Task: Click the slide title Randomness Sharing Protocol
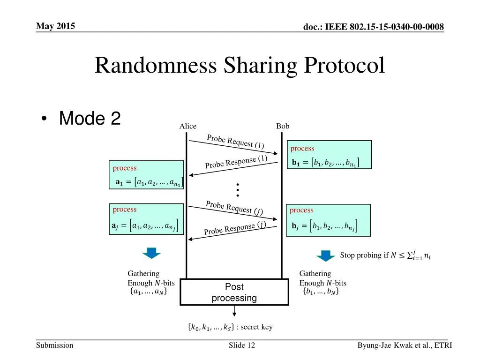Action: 240,65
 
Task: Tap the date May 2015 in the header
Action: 55,26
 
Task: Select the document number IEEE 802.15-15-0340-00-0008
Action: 374,27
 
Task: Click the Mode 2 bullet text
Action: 90,119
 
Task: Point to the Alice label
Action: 188,126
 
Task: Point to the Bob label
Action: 283,126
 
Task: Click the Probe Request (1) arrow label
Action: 235,141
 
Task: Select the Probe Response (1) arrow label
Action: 236,162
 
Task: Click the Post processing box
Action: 234,292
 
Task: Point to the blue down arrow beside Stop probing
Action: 326,256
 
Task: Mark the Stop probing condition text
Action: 386,255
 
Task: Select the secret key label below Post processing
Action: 229,327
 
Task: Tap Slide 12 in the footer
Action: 242,345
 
